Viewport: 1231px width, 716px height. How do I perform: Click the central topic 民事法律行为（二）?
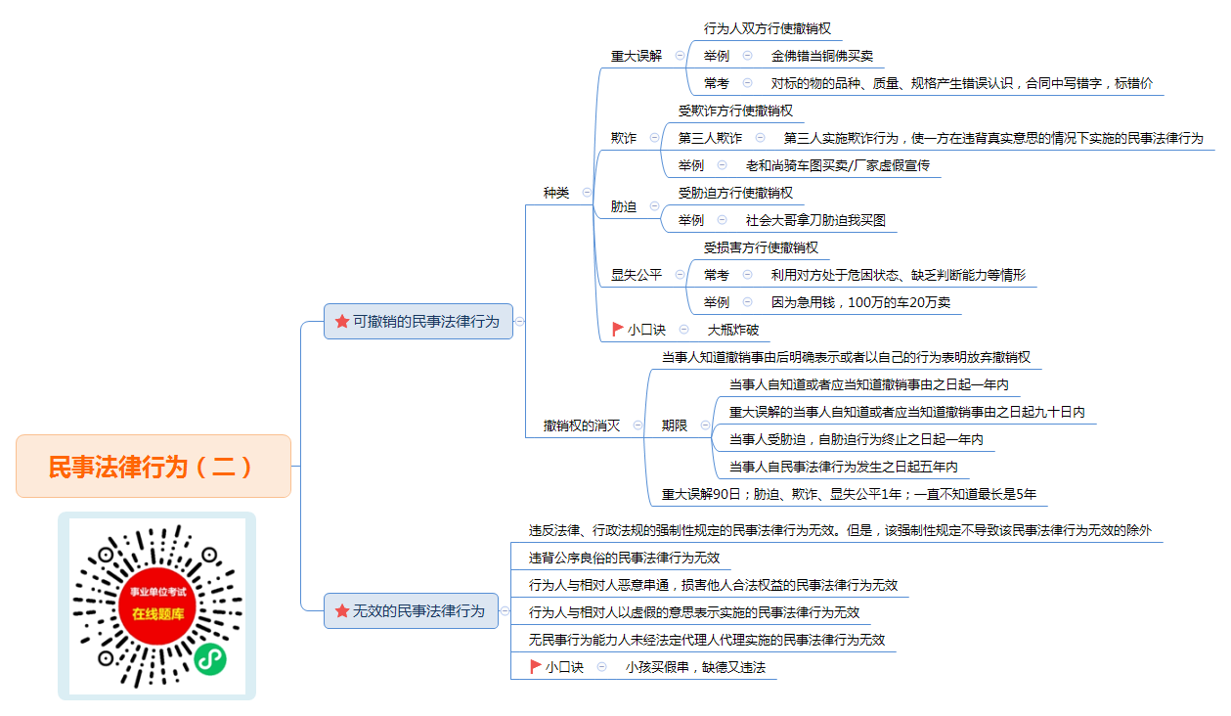click(x=154, y=467)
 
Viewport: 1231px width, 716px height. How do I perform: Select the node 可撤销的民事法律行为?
click(x=418, y=321)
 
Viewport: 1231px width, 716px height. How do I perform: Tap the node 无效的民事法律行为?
click(x=411, y=610)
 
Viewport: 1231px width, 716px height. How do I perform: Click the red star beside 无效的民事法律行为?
click(x=342, y=610)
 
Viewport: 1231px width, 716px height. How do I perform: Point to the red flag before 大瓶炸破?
click(x=617, y=330)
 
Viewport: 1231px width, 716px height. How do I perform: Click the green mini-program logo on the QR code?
click(x=210, y=659)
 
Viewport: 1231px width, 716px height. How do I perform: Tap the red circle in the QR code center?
click(x=157, y=604)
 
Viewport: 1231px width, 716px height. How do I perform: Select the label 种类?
click(x=556, y=193)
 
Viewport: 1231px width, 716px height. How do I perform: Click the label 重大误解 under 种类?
click(x=637, y=56)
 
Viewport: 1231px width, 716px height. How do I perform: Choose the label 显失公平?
click(x=637, y=275)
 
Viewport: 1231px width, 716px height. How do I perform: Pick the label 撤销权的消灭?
click(x=582, y=425)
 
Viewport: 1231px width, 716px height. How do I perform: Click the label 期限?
click(x=675, y=425)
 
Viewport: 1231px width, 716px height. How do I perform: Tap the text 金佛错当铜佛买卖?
click(x=821, y=56)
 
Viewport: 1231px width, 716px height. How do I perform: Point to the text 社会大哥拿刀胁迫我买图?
click(x=815, y=220)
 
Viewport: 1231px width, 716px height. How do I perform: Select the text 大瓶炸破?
click(x=733, y=330)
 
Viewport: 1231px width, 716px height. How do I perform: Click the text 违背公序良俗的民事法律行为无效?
click(x=624, y=558)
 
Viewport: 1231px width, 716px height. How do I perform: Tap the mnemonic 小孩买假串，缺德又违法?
click(x=695, y=667)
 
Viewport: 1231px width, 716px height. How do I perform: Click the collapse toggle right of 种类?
click(x=587, y=193)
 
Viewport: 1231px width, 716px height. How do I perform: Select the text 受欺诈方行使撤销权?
click(x=735, y=111)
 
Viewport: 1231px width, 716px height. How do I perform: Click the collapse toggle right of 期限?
click(x=705, y=425)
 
